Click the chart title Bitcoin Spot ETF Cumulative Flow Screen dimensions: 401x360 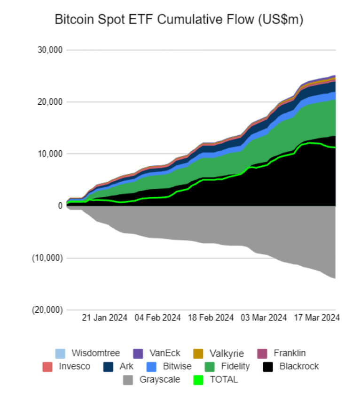(x=179, y=20)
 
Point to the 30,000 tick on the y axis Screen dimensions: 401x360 (x=50, y=50)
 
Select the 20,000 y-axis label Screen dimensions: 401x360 (x=50, y=102)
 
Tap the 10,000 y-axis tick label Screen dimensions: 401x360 (x=50, y=154)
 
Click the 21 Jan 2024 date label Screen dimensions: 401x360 (x=105, y=317)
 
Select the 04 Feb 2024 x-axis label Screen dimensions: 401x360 (x=158, y=317)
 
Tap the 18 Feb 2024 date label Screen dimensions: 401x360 (x=211, y=317)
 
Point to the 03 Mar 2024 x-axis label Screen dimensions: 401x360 (x=264, y=317)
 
